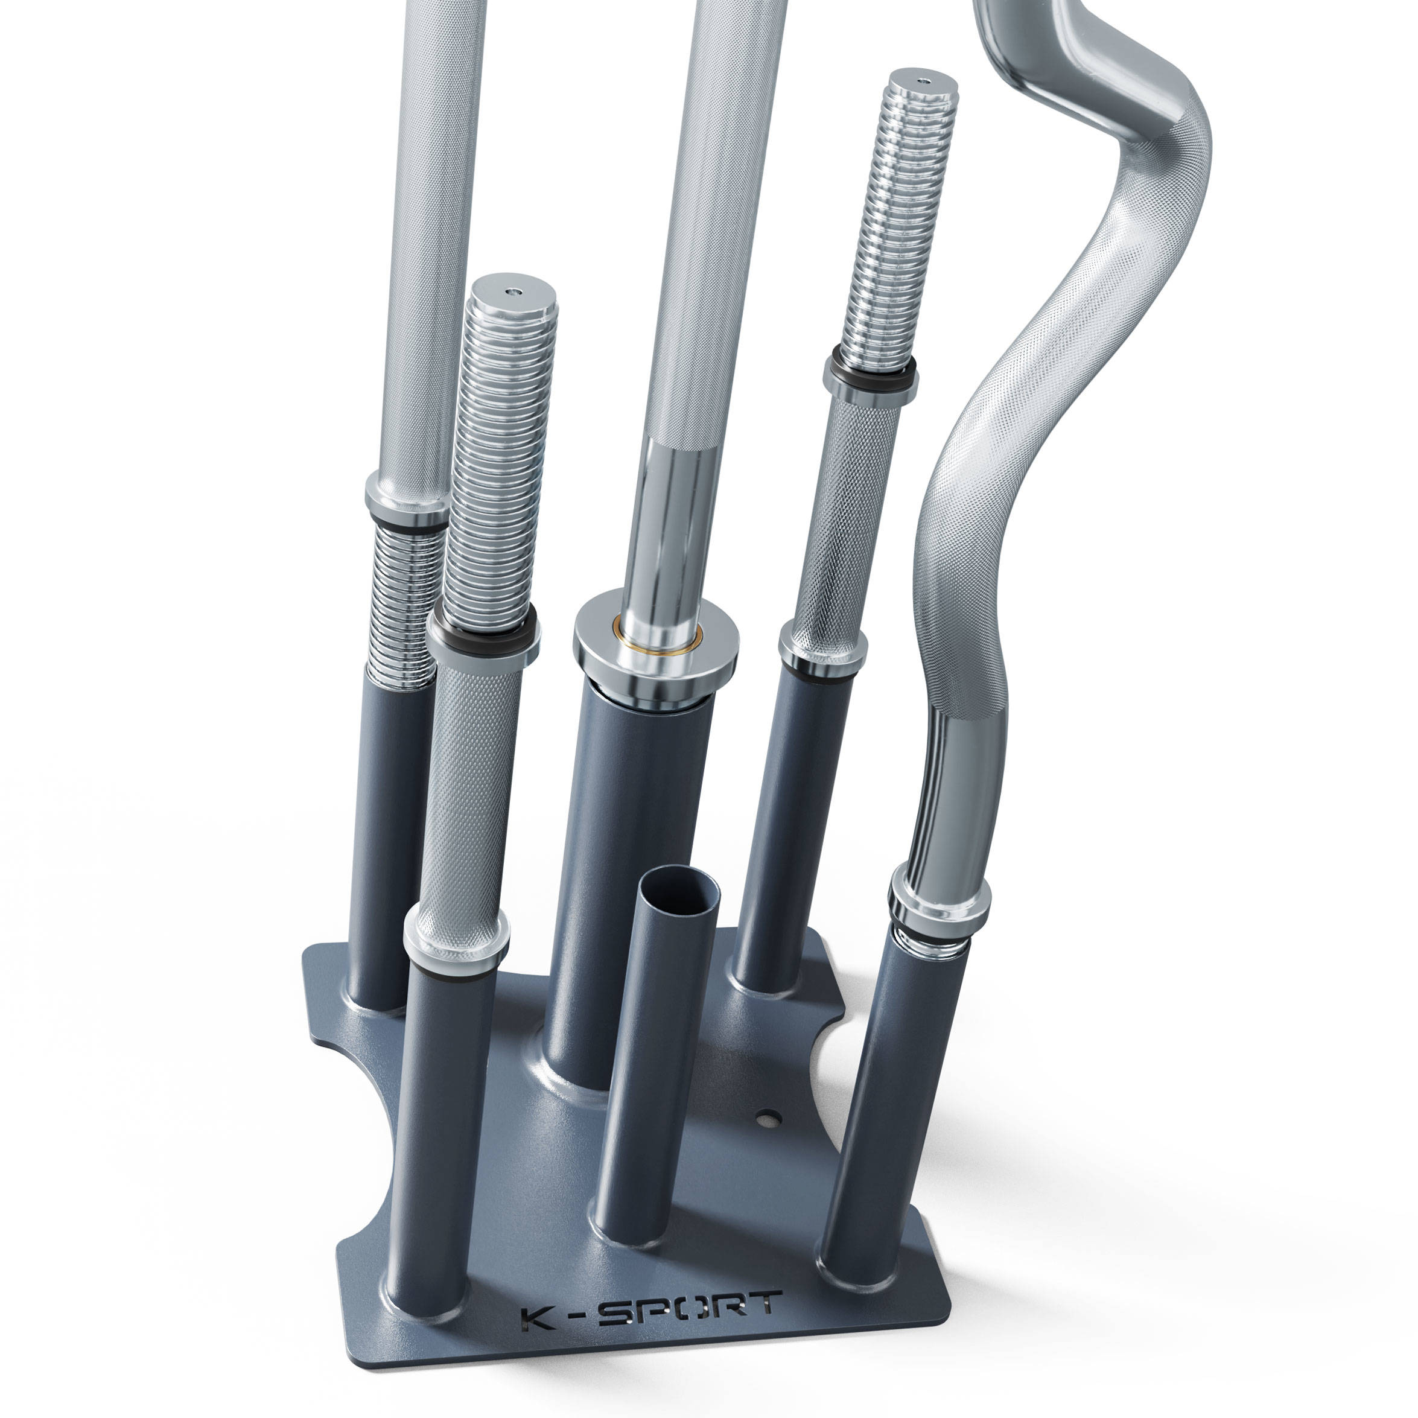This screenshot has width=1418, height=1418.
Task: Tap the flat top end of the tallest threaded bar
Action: [923, 79]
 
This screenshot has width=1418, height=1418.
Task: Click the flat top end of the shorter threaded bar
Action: [513, 290]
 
